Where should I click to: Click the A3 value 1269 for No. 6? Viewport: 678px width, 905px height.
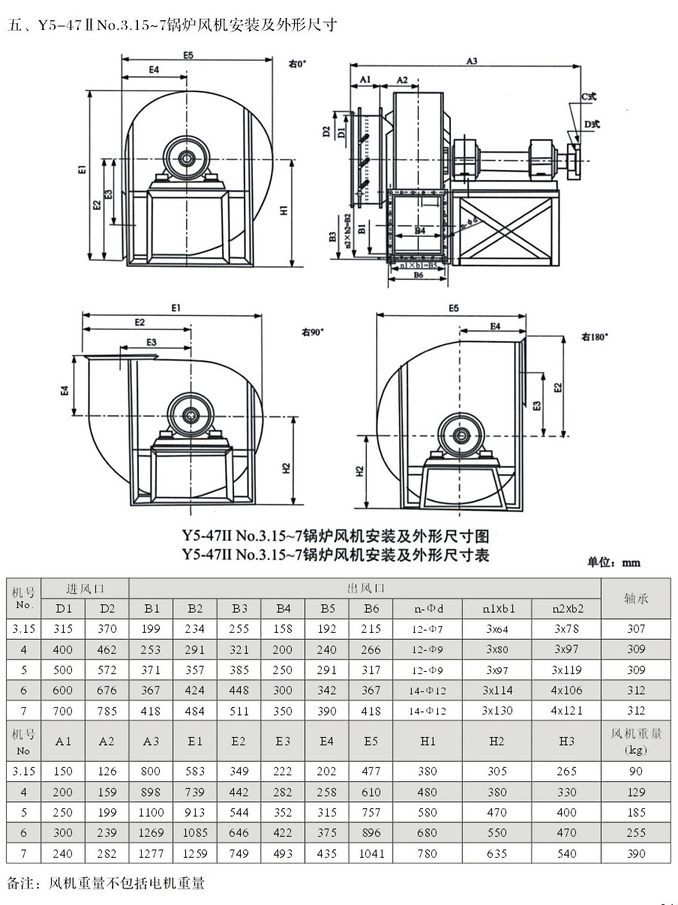click(151, 832)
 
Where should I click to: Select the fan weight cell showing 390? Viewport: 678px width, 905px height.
click(635, 853)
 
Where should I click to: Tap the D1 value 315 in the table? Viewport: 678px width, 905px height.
click(64, 629)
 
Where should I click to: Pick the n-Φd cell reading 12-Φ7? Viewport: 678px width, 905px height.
click(427, 629)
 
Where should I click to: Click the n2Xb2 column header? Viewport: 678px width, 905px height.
click(567, 608)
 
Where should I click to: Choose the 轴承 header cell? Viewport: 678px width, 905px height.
click(635, 598)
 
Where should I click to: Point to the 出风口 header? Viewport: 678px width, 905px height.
click(364, 588)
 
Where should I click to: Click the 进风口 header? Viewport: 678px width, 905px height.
click(85, 588)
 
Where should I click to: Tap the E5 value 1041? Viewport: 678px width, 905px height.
click(370, 853)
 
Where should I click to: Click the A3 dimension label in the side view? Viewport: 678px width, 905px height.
click(472, 61)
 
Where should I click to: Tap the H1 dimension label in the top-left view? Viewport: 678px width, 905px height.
click(283, 211)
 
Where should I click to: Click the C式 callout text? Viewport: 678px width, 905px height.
click(589, 97)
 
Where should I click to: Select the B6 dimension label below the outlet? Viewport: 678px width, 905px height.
click(418, 276)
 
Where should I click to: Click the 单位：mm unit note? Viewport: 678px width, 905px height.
click(613, 562)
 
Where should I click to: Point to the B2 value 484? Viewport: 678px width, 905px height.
click(195, 711)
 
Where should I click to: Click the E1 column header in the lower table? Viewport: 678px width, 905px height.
click(195, 741)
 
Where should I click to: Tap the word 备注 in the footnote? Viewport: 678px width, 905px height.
click(21, 883)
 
